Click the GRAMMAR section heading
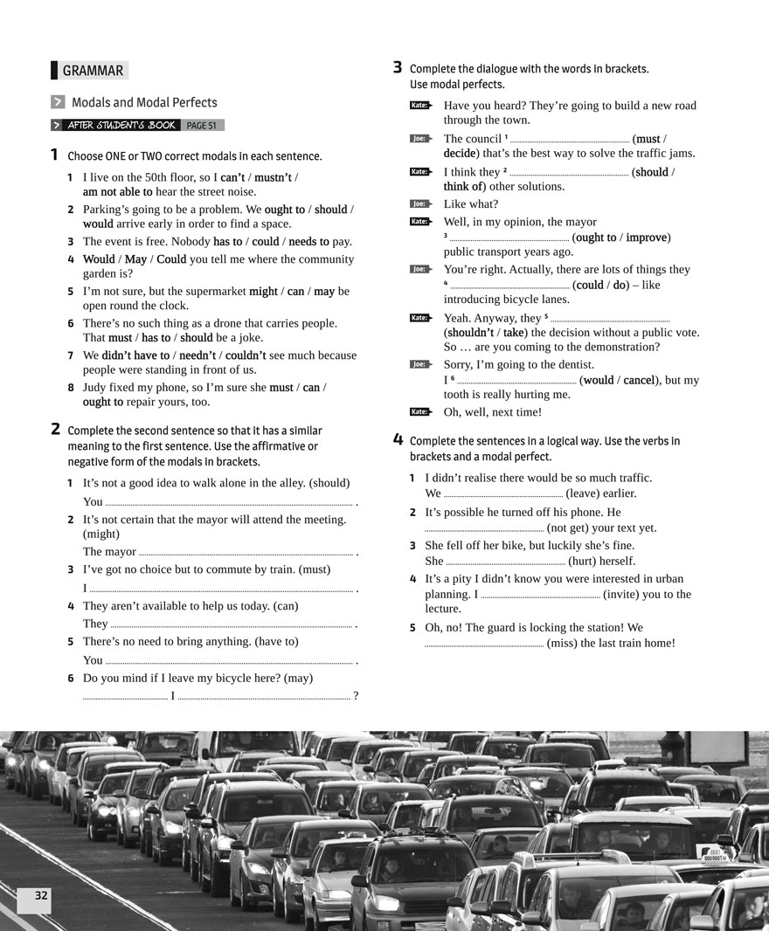tap(92, 71)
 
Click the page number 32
tap(41, 895)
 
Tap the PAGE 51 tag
tap(201, 125)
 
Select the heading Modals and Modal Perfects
tap(144, 102)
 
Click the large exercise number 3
tap(398, 67)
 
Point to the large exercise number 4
tap(398, 439)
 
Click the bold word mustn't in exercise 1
tap(273, 177)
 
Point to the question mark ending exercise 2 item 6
tap(356, 696)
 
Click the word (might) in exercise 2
tap(101, 534)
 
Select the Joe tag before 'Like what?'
tap(420, 204)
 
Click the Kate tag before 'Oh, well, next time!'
tap(420, 412)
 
